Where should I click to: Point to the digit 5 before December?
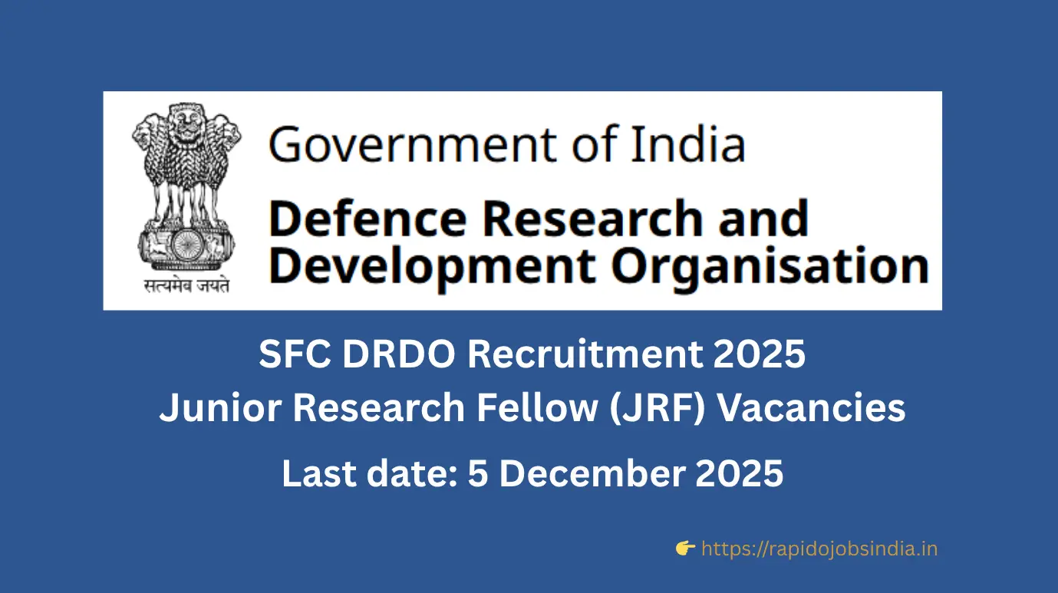[479, 473]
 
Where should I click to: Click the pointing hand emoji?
[685, 548]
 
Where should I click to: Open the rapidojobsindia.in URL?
[819, 549]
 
